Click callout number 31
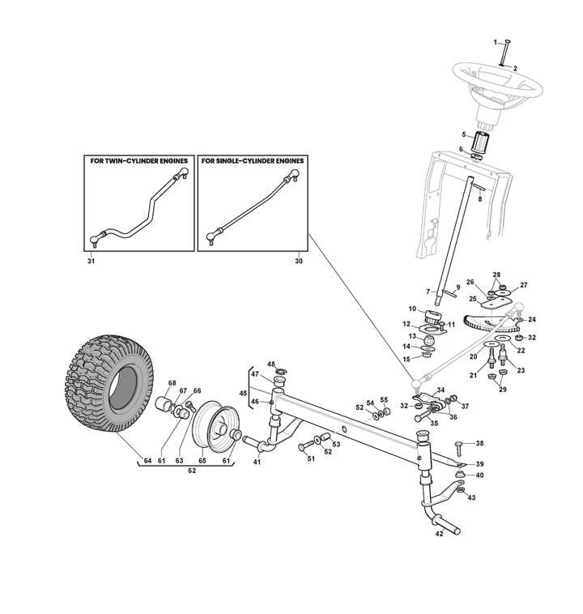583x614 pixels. pos(90,262)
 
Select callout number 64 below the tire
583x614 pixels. pos(147,461)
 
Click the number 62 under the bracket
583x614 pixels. pos(192,470)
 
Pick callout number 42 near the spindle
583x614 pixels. pos(440,535)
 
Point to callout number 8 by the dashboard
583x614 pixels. pos(481,198)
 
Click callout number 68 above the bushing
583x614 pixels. pos(172,383)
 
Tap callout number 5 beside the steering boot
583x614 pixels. pos(464,134)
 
